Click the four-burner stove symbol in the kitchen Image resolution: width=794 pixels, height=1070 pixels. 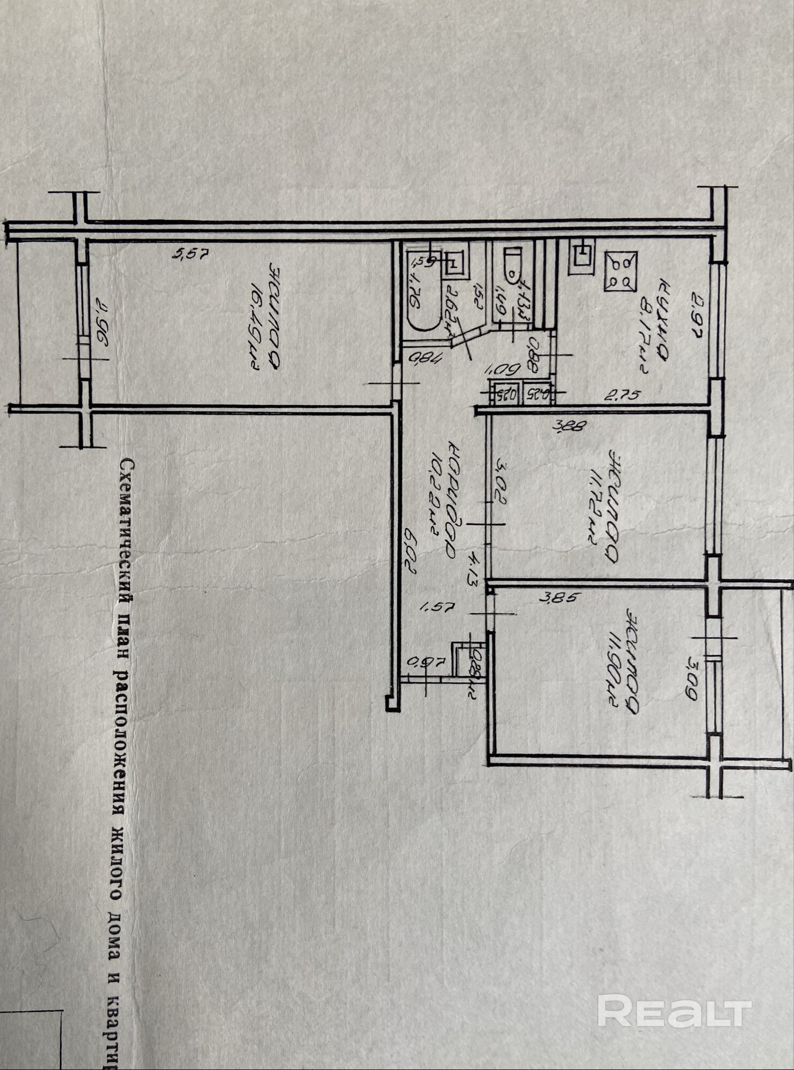pos(620,272)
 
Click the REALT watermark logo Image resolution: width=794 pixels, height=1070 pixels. pos(674,1011)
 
